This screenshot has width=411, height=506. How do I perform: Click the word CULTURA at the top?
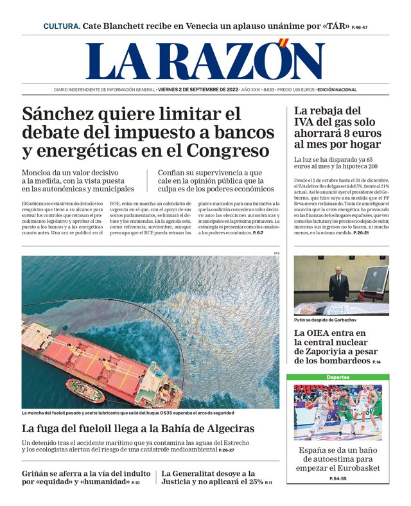click(x=62, y=26)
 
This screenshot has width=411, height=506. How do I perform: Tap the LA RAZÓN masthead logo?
click(x=205, y=62)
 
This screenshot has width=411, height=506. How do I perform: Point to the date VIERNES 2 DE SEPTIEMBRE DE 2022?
click(x=198, y=90)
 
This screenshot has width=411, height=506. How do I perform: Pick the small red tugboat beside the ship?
click(x=84, y=390)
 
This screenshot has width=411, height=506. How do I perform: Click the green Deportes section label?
click(x=338, y=377)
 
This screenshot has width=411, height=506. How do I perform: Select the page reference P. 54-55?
click(x=338, y=479)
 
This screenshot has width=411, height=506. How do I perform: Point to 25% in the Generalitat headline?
click(x=254, y=482)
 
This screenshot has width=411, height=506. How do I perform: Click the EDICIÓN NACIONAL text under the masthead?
click(x=338, y=90)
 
